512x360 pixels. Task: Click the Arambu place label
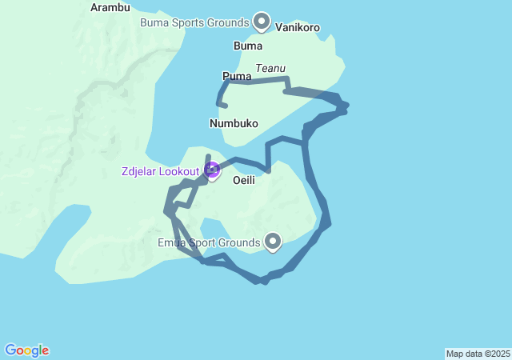point(110,7)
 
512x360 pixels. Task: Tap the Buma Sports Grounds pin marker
point(261,20)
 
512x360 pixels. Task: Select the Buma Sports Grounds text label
point(195,22)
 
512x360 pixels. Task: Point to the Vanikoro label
point(298,27)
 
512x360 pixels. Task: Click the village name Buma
point(248,46)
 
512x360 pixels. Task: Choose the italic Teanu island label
point(270,69)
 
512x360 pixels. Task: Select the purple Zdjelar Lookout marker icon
point(212,170)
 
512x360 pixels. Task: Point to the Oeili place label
point(243,181)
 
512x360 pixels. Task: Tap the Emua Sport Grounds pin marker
point(273,240)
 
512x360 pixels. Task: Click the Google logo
point(26,350)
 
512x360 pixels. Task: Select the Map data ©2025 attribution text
point(477,354)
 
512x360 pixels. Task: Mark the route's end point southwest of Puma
point(226,106)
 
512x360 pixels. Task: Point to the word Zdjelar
point(140,171)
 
